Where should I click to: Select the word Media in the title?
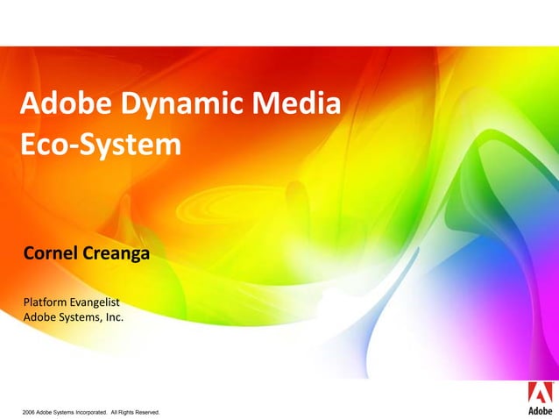pos(295,107)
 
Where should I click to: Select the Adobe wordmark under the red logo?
pos(539,409)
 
